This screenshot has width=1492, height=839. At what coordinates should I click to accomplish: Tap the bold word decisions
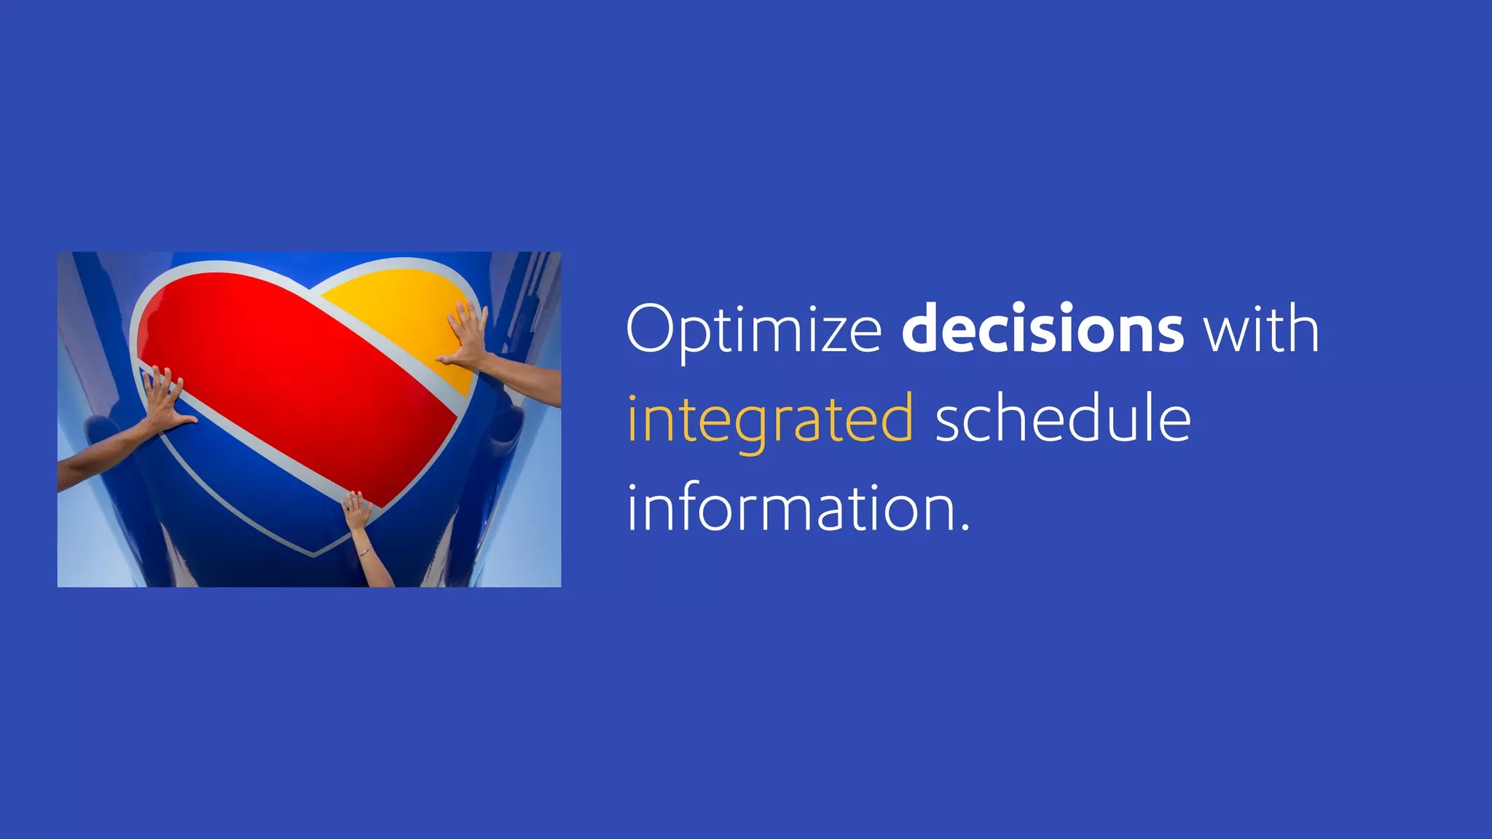(1042, 330)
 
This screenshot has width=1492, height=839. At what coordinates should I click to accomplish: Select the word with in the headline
(1260, 330)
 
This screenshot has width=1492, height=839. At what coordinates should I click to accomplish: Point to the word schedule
(1062, 419)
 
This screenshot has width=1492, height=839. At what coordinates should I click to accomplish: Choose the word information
(790, 508)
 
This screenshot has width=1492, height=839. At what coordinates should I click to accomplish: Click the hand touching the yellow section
(466, 335)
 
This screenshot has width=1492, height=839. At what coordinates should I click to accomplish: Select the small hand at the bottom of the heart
(356, 510)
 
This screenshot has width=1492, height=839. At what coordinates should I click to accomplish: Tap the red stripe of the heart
(291, 379)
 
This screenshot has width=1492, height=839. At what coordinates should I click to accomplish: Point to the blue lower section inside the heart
(248, 481)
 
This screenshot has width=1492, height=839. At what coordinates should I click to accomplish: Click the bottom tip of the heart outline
(315, 554)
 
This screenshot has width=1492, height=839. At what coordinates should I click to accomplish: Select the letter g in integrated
(751, 426)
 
